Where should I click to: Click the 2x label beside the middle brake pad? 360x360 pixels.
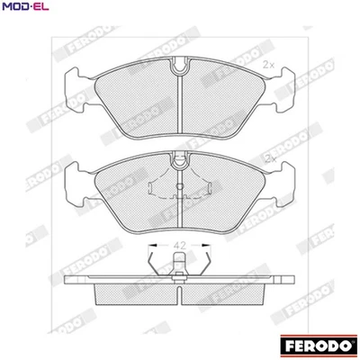pyautogui.click(x=269, y=159)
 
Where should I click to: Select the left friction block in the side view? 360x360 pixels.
pyautogui.click(x=135, y=294)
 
